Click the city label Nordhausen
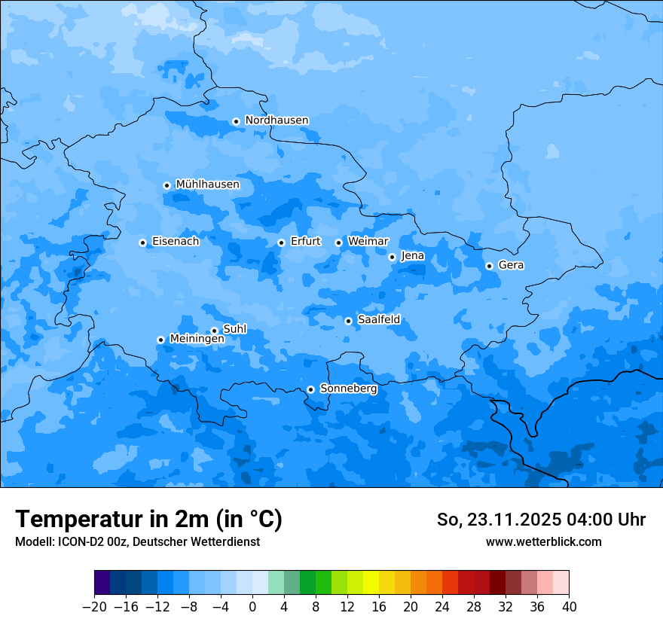tap(277, 120)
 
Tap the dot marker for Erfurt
tap(281, 242)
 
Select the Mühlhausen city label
tap(207, 184)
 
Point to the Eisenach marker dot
tap(142, 242)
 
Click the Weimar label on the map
tap(368, 242)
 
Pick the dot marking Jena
tap(392, 257)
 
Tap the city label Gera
tap(511, 265)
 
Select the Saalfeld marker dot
tap(348, 321)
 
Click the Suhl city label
tap(234, 329)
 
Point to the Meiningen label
tap(197, 340)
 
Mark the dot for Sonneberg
tap(310, 389)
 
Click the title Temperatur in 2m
tap(148, 520)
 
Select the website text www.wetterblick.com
tap(543, 541)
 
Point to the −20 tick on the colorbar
tap(94, 607)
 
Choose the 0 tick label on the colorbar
tap(252, 607)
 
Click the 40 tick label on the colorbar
tap(569, 607)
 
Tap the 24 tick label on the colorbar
tap(442, 607)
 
